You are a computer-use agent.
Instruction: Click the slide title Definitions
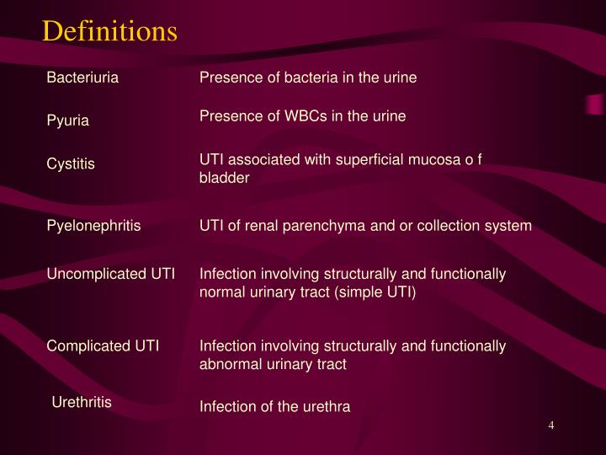tap(109, 31)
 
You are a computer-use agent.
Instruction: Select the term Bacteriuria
tap(82, 78)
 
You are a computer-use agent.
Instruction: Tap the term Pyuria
tap(67, 121)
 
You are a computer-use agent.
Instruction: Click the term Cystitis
tap(71, 164)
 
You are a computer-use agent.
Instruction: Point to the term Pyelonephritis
tap(93, 226)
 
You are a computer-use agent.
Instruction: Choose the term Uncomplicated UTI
tap(110, 274)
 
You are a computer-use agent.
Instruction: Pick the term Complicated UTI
tap(103, 345)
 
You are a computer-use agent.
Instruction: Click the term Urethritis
tap(82, 402)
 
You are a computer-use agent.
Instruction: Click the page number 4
tap(551, 425)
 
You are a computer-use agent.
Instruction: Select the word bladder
tap(224, 178)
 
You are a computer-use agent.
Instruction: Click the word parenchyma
tap(311, 226)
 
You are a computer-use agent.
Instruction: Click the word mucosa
tap(436, 158)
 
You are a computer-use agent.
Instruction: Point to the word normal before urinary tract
tap(221, 292)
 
